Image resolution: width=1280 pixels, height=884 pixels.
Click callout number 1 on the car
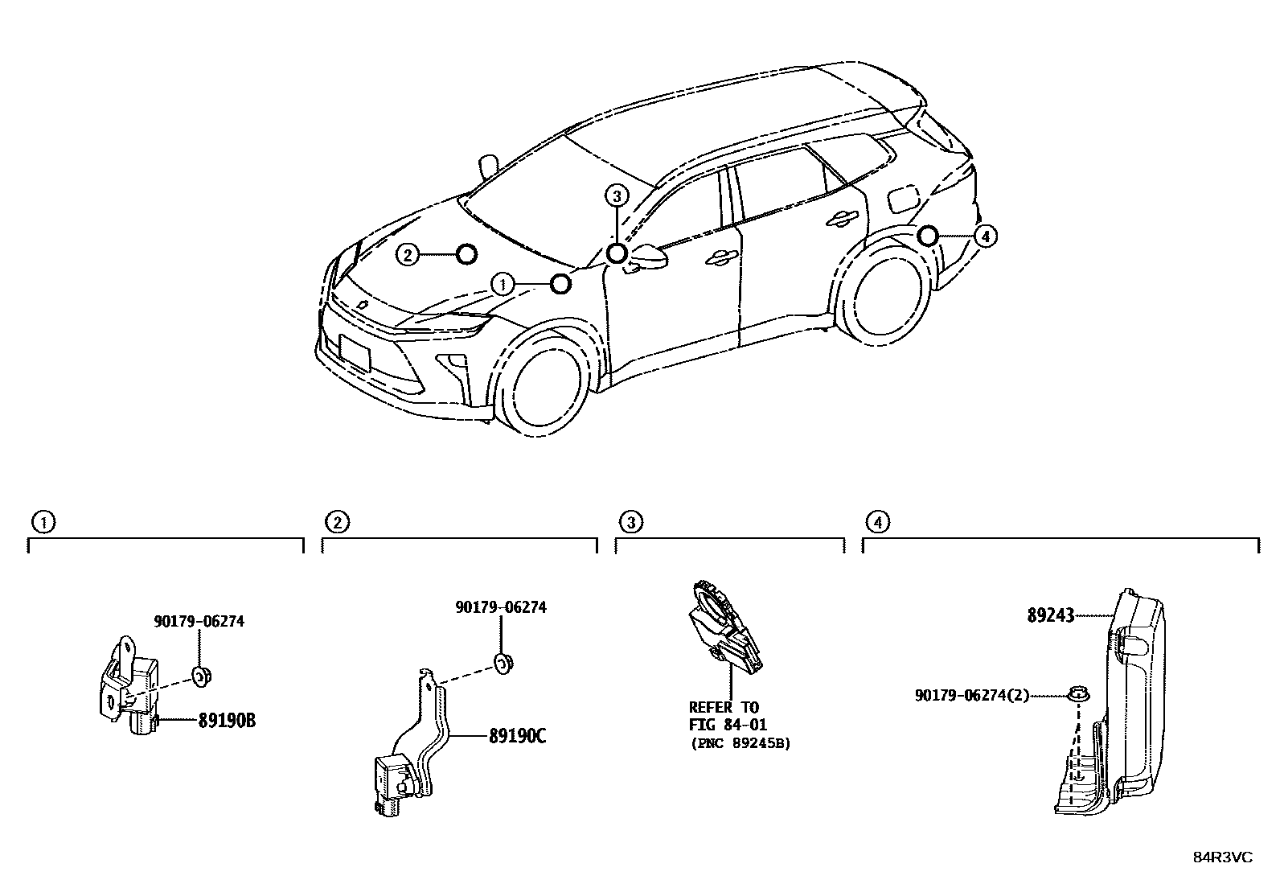point(503,284)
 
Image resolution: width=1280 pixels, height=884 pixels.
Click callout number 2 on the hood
point(408,256)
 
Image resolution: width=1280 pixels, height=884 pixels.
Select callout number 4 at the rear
point(985,236)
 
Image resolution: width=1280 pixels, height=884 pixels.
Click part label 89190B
point(227,720)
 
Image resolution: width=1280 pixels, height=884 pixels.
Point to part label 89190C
point(517,735)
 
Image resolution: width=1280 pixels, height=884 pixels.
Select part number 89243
point(1050,616)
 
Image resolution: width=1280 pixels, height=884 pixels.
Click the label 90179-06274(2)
point(971,695)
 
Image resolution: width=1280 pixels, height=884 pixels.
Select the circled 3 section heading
point(631,523)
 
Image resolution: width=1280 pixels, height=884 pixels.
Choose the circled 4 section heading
point(878,523)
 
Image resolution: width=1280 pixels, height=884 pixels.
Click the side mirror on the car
point(650,257)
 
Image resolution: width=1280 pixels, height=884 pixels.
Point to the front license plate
point(355,352)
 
